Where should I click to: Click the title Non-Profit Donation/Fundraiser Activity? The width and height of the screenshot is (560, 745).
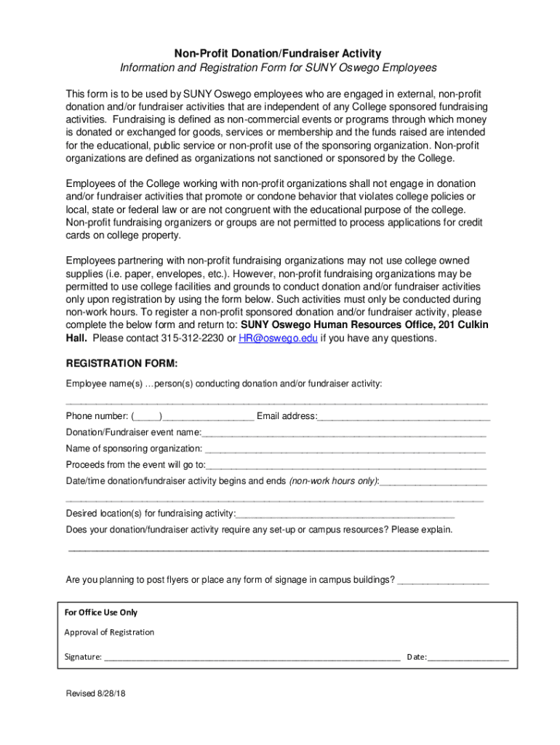278,53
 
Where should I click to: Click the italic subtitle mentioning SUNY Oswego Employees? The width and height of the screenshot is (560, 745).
278,68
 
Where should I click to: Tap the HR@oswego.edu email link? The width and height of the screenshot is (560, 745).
278,338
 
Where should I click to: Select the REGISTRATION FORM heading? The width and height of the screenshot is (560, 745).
121,363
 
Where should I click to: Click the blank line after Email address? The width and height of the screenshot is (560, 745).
404,417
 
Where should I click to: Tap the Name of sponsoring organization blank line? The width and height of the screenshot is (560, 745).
345,449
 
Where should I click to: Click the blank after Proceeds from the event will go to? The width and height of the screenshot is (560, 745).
346,466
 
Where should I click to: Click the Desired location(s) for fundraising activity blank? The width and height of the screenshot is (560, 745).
345,514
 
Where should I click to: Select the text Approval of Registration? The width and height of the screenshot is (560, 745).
109,632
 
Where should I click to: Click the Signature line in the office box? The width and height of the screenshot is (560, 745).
252,658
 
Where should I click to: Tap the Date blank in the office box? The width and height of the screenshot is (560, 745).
468,658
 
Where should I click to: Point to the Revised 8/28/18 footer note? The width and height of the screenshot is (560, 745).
95,694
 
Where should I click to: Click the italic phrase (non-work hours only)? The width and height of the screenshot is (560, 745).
334,482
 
